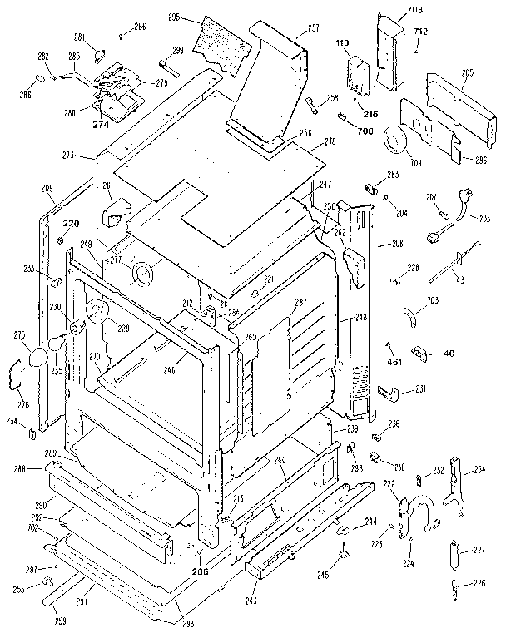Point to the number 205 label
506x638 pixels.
coord(468,73)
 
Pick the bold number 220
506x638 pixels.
coord(71,223)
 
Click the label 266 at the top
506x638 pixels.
coord(139,27)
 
